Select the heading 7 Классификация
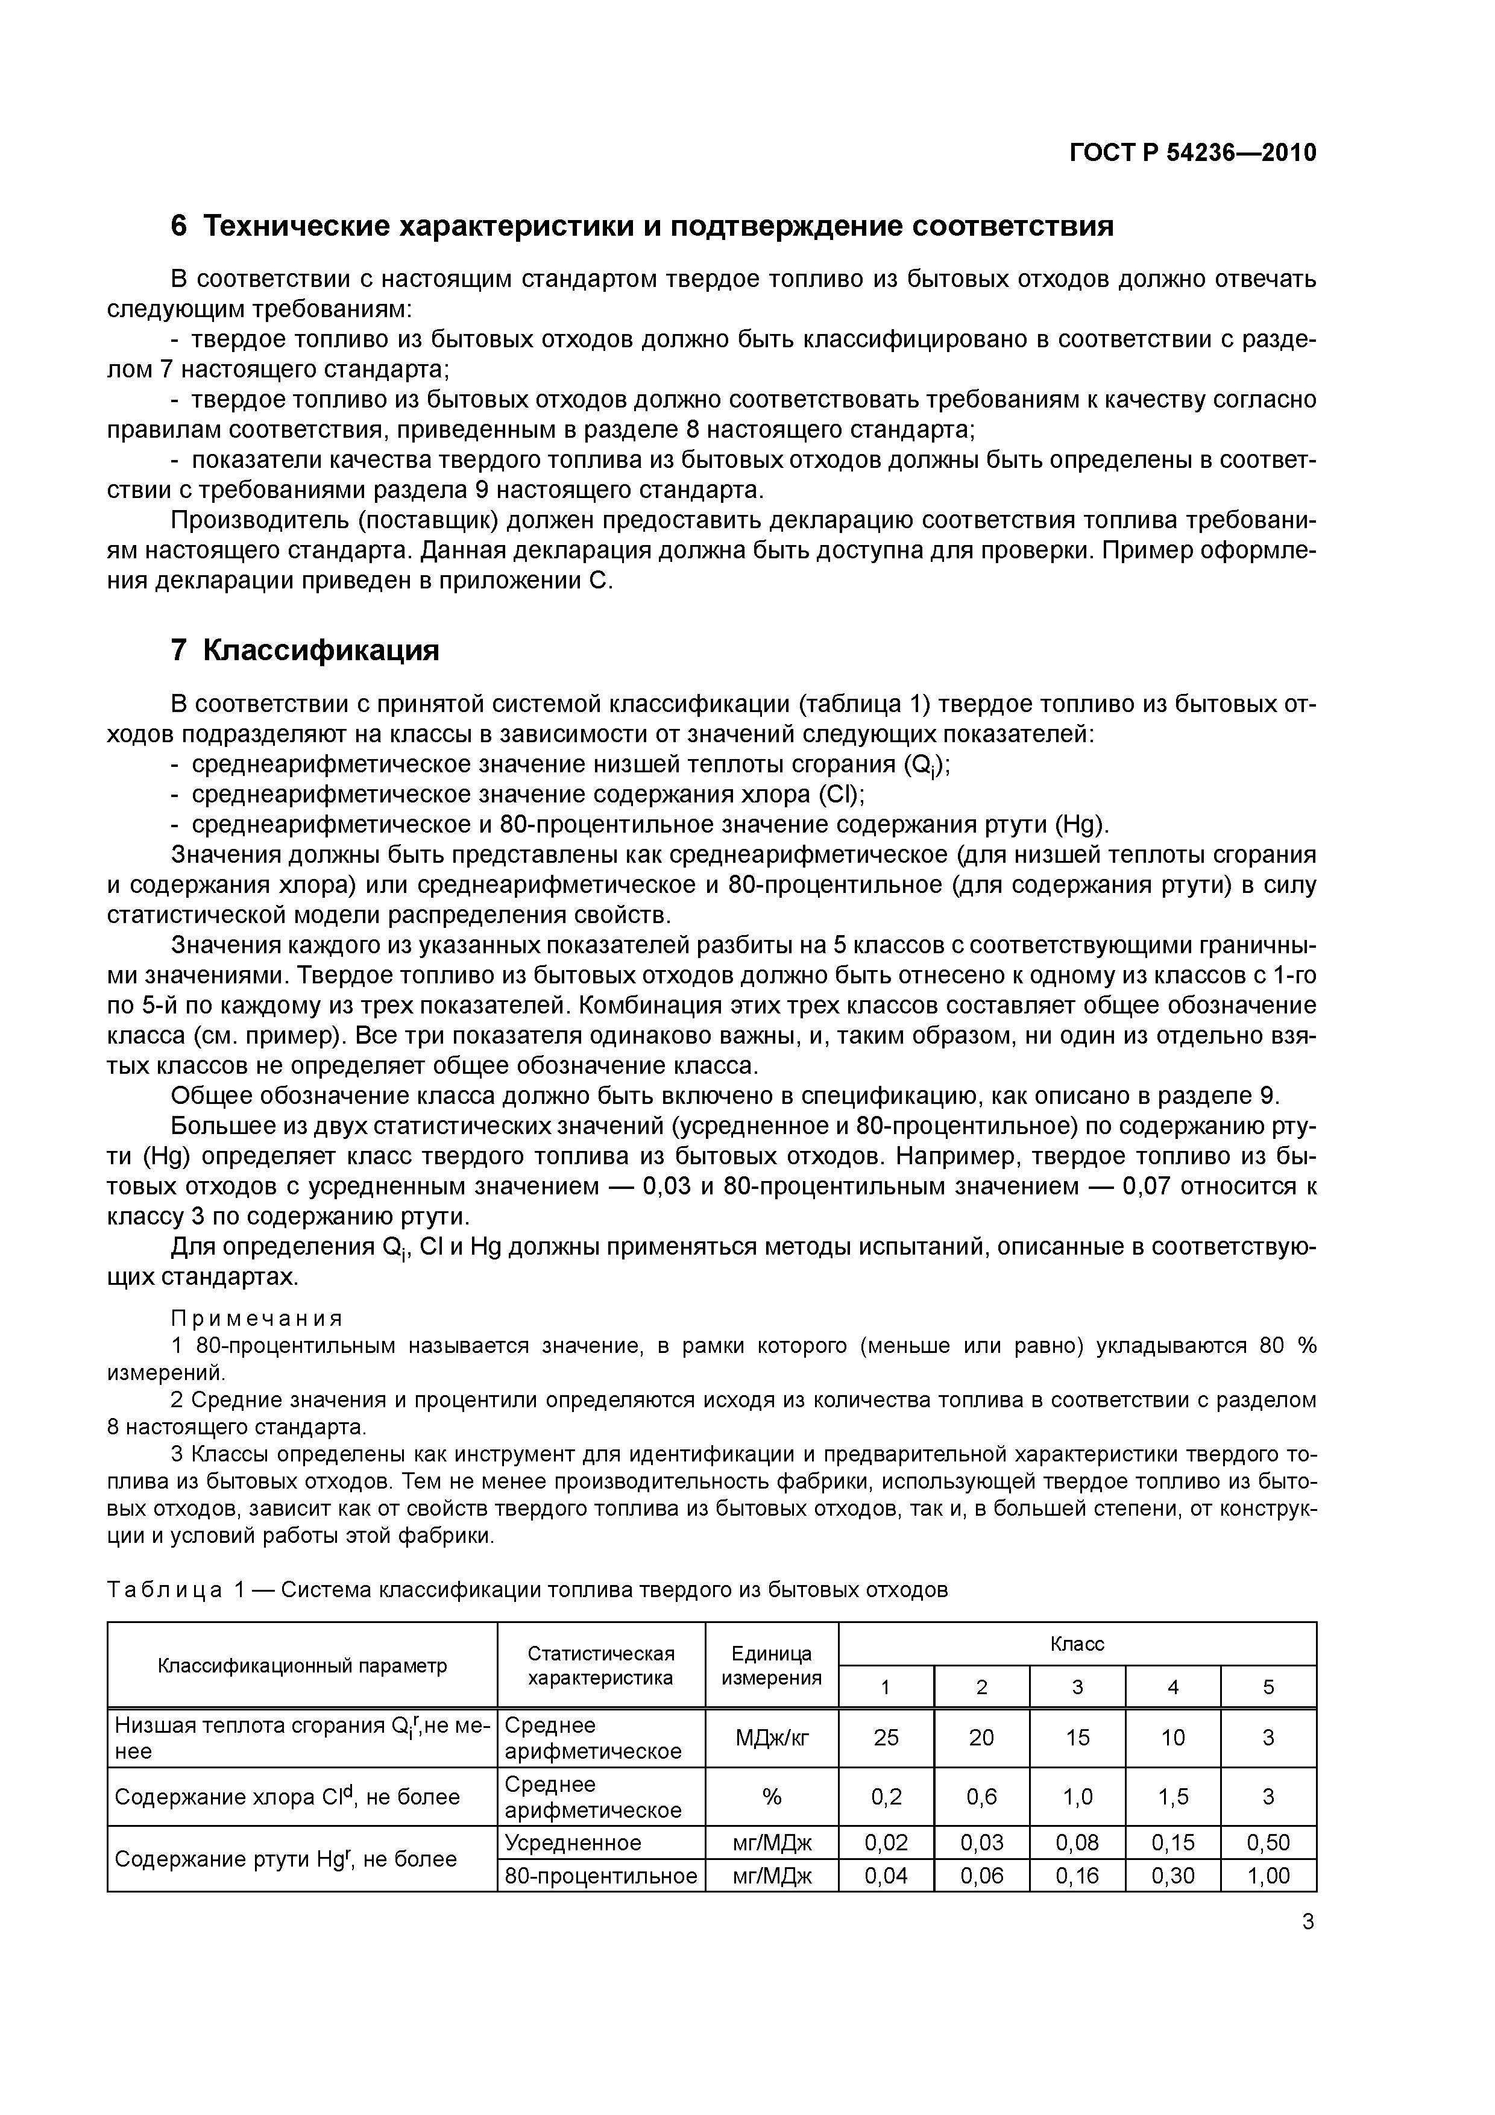(305, 651)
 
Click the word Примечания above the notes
(257, 1319)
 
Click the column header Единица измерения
(771, 1665)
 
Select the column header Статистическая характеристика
(600, 1665)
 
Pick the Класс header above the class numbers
(1077, 1644)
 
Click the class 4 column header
(1172, 1687)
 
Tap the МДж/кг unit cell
(771, 1738)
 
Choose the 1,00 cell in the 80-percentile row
(1268, 1874)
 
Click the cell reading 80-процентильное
(600, 1874)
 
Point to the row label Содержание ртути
(286, 1859)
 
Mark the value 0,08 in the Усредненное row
(1077, 1843)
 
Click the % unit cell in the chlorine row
(771, 1796)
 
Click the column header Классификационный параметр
(302, 1665)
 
